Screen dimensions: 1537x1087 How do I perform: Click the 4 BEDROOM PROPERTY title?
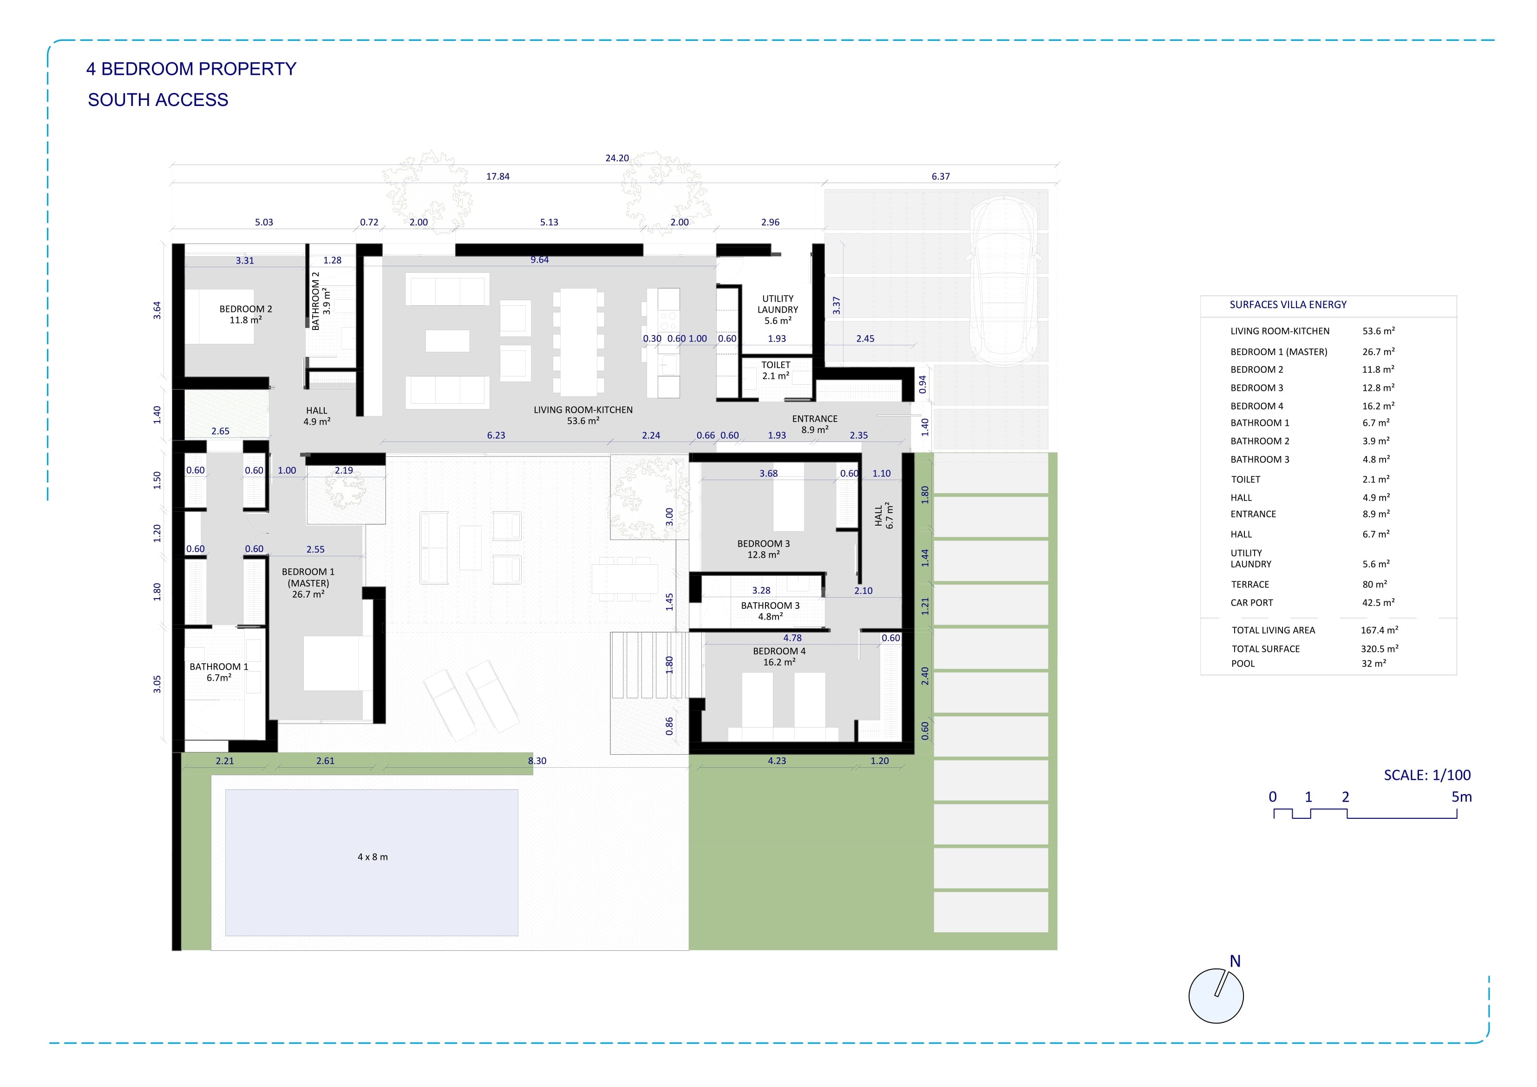tap(191, 69)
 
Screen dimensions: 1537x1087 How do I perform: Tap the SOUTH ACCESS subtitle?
tap(158, 100)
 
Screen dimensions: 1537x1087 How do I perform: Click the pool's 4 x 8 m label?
tap(372, 856)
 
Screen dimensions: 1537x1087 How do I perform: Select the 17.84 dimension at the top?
tap(497, 176)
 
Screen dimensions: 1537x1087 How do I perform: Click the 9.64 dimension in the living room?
tap(540, 260)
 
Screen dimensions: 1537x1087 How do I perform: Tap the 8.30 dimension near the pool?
tap(537, 761)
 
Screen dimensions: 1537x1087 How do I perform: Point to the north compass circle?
tap(1216, 996)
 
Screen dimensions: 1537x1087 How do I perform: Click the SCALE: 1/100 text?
tap(1427, 775)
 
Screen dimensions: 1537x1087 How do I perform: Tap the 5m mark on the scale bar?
tap(1461, 797)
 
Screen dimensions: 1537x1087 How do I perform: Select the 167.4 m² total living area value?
tap(1379, 630)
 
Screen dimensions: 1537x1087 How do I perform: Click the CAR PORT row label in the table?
tap(1251, 603)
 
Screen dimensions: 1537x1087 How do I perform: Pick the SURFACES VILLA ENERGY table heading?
tap(1288, 305)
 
